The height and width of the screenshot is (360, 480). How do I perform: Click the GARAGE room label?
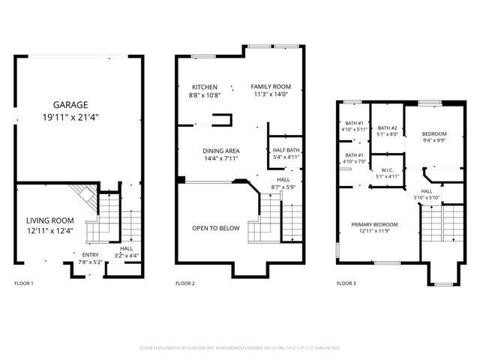tap(70, 104)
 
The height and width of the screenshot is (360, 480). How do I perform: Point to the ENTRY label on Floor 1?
tap(89, 254)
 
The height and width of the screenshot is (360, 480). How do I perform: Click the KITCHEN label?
tap(204, 87)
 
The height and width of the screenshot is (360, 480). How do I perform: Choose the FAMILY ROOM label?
tap(270, 87)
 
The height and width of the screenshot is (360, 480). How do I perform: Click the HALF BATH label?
tap(286, 150)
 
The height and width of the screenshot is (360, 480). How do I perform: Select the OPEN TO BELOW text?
tap(215, 228)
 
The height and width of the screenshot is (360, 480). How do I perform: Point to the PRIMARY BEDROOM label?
tap(376, 224)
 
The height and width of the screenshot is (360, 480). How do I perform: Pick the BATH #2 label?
tap(388, 127)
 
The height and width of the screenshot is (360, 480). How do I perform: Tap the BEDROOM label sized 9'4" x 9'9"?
tap(434, 133)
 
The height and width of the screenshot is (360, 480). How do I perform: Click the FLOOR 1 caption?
tap(25, 283)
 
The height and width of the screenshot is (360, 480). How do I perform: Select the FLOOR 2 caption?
tap(185, 283)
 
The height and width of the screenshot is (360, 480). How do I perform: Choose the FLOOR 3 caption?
tap(346, 283)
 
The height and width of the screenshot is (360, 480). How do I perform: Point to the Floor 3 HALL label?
tap(426, 191)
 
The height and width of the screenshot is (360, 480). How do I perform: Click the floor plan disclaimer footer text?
tap(240, 348)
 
